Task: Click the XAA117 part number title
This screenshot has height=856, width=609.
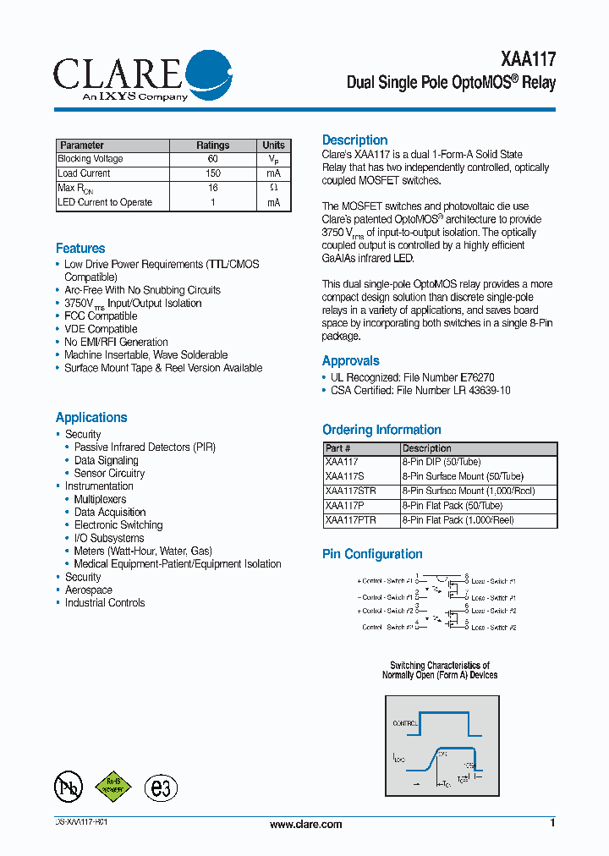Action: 529,59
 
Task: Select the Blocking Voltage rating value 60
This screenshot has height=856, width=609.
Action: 212,159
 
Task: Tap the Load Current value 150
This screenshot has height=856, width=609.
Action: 212,173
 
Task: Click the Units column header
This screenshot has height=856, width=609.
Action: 273,145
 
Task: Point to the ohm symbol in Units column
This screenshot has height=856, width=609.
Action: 273,188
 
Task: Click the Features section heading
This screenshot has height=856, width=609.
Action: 80,249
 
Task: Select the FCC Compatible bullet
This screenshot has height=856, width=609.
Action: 101,316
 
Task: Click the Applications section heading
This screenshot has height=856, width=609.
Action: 91,418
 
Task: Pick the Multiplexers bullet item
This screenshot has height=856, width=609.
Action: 100,499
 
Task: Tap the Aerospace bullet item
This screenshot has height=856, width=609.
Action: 89,590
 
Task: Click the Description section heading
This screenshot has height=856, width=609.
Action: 355,140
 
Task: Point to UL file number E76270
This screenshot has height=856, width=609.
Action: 476,377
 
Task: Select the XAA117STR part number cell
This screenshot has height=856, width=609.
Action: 350,491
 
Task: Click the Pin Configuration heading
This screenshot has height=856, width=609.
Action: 372,555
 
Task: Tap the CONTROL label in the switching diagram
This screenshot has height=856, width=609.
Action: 405,724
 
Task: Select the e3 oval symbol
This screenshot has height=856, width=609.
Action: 161,787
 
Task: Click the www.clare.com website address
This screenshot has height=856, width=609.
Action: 305,825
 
